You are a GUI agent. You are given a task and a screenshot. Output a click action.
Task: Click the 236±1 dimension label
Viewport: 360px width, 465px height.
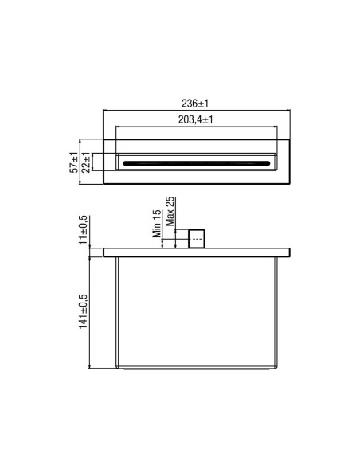[x=195, y=104]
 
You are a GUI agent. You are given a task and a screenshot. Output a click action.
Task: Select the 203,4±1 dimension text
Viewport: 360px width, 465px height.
[x=195, y=119]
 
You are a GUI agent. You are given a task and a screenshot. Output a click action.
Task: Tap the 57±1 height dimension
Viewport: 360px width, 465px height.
[x=73, y=162]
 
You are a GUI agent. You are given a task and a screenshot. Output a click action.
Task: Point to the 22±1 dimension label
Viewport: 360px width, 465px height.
[x=86, y=162]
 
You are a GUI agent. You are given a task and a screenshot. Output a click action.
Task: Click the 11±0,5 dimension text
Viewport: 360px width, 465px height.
[x=84, y=230]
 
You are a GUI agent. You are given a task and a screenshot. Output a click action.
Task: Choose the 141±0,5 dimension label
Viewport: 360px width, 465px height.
[x=84, y=311]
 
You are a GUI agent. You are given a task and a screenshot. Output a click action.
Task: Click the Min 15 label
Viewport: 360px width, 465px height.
[x=157, y=224]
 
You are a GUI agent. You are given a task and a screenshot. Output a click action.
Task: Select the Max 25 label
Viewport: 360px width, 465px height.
[x=170, y=212]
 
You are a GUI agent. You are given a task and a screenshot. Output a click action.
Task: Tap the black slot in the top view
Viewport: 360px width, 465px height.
[x=197, y=163]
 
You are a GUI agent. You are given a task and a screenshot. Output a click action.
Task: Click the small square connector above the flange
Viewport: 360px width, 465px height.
[x=197, y=239]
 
